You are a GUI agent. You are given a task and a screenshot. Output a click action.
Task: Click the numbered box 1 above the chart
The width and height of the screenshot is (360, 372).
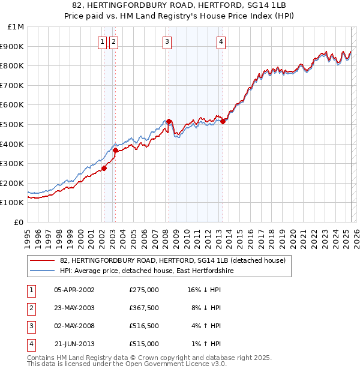click(x=103, y=41)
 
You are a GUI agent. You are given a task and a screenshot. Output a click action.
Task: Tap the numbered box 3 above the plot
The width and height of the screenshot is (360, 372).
click(x=167, y=41)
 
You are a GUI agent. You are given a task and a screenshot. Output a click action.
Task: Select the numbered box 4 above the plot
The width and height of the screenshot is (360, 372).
click(x=221, y=41)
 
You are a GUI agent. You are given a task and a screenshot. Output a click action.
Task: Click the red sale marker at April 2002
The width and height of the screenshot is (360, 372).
click(x=104, y=168)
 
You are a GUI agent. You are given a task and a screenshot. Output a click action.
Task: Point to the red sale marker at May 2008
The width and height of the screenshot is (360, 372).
click(x=169, y=121)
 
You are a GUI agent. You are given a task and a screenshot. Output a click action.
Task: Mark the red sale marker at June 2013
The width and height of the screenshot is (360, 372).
click(x=223, y=121)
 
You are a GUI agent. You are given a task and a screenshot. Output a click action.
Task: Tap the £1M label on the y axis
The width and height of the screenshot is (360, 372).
click(x=16, y=27)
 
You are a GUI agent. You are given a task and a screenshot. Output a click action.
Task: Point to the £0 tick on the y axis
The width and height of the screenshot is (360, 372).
click(x=19, y=222)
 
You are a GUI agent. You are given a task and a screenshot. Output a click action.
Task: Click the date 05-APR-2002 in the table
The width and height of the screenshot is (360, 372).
click(x=74, y=290)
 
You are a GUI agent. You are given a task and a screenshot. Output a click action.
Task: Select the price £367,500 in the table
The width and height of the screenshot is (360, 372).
click(x=143, y=308)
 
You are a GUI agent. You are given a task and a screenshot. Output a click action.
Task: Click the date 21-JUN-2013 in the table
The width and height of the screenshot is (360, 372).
click(x=74, y=344)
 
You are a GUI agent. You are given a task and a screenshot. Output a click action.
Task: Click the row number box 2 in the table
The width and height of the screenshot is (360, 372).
click(x=31, y=308)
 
